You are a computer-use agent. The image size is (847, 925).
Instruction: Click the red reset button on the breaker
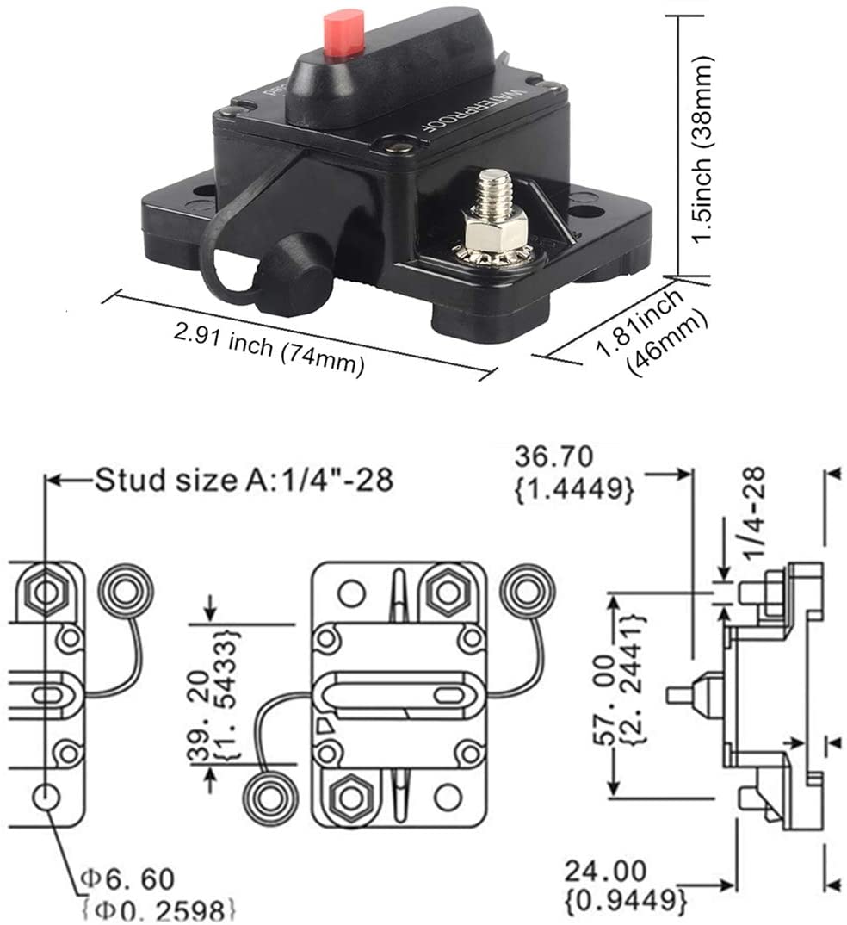[343, 34]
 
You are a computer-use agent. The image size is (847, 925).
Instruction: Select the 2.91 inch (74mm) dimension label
[269, 346]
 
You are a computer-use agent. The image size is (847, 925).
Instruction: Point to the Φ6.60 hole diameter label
[128, 878]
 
